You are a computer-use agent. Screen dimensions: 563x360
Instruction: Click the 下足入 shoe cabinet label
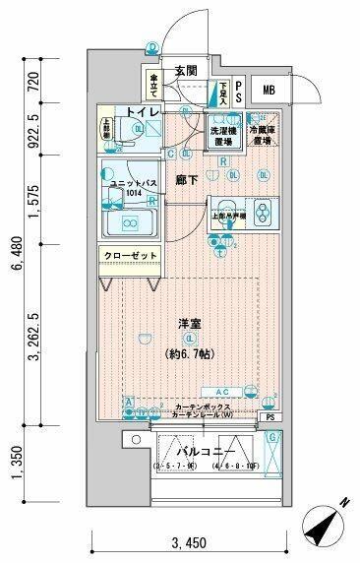224,93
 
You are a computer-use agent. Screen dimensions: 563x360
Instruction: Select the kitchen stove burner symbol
263,211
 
